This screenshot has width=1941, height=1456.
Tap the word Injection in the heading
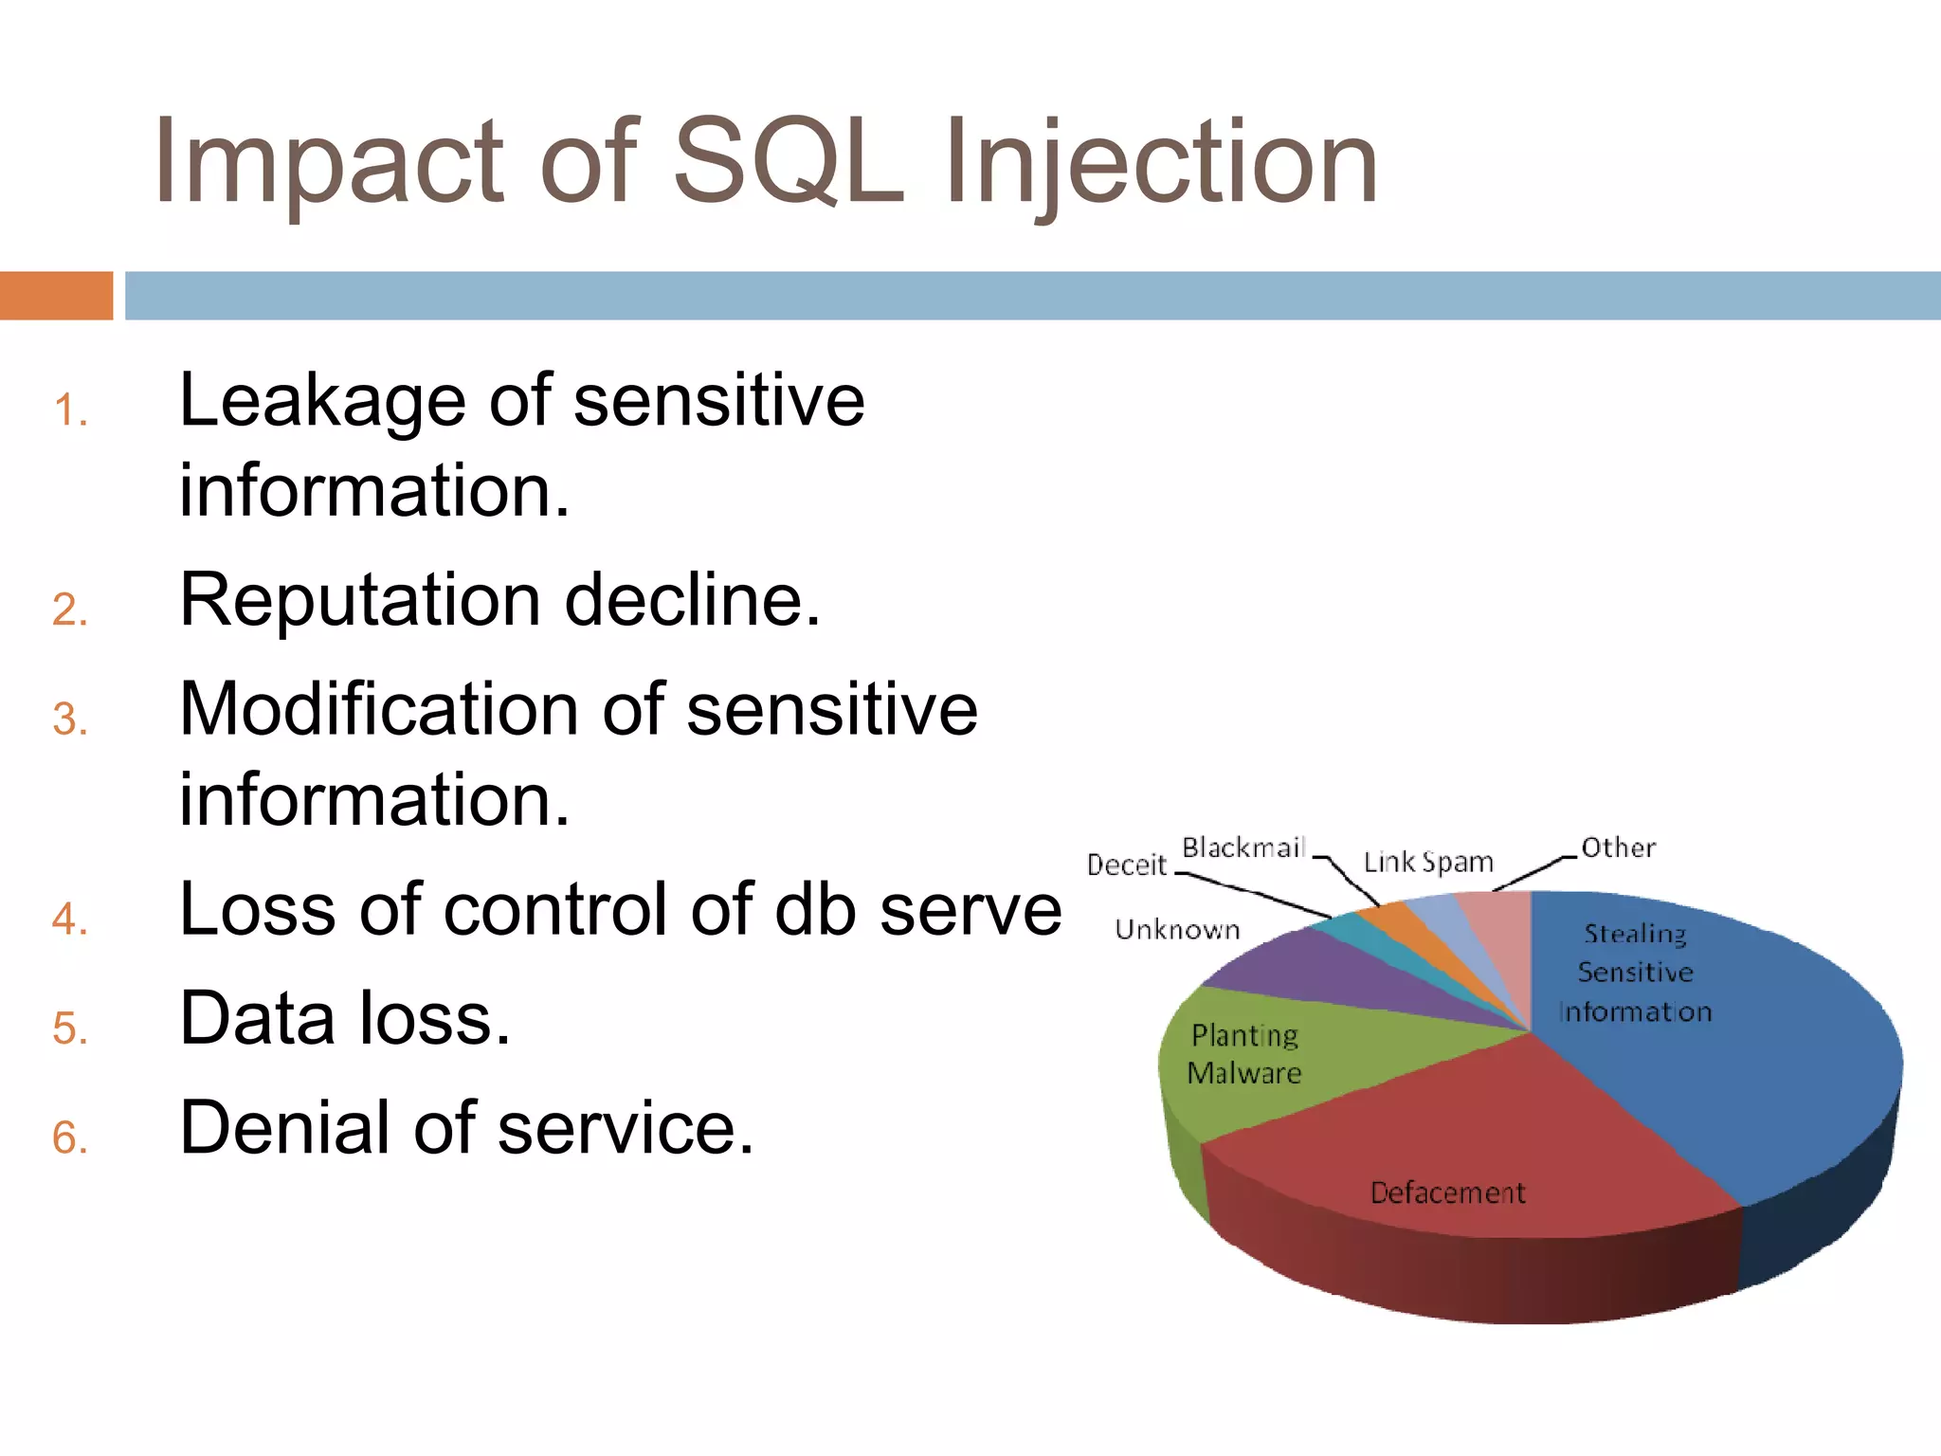point(1160,163)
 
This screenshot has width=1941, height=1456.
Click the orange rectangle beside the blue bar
point(56,296)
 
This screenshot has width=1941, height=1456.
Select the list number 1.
point(70,411)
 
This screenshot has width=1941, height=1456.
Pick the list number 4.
point(70,919)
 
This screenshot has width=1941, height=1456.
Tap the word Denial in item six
point(285,1128)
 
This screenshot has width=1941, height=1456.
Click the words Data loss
point(345,1019)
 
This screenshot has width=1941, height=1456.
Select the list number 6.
point(70,1137)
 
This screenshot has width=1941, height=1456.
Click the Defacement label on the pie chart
point(1447,1192)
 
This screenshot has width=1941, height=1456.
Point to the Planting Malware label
point(1244,1054)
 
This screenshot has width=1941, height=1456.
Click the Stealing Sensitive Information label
point(1635,973)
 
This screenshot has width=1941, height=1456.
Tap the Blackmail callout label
point(1243,847)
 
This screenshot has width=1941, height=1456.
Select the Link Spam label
point(1427,862)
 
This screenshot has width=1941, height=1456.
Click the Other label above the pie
point(1618,847)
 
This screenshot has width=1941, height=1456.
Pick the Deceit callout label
point(1126,864)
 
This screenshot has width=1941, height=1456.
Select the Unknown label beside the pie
point(1177,930)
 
